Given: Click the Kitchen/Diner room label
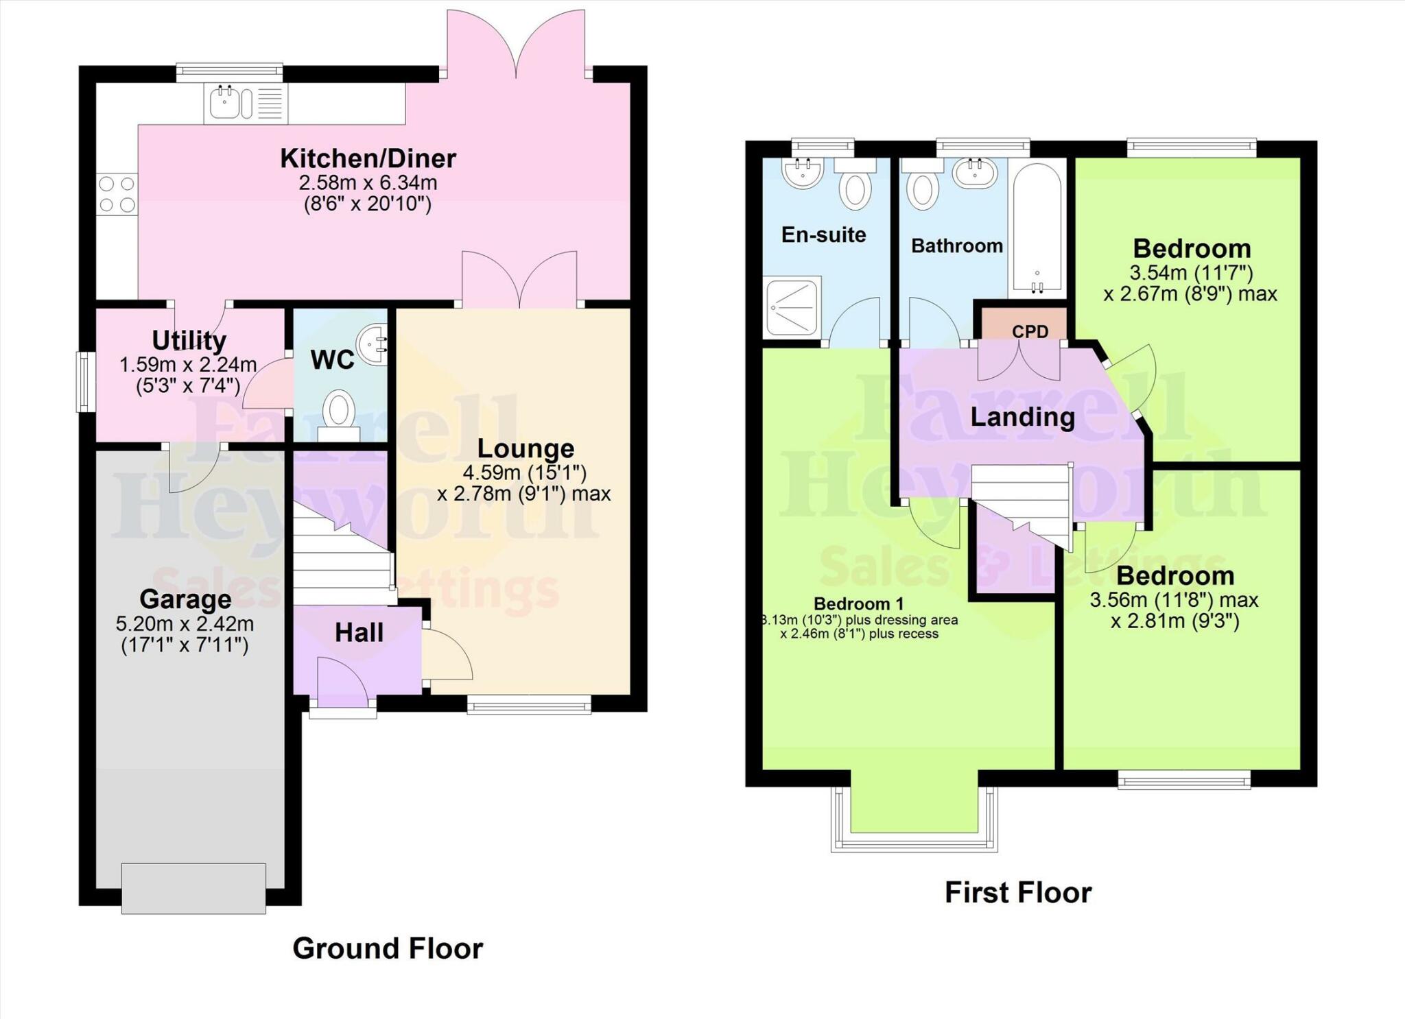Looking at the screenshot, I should [x=368, y=158].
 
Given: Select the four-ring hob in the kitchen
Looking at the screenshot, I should [x=117, y=194].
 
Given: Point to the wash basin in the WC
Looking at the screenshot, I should [x=372, y=344].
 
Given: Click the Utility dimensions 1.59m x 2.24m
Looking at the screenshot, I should [x=188, y=365].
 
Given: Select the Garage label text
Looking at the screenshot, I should [x=185, y=599].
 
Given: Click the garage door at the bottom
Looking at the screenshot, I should [x=193, y=888].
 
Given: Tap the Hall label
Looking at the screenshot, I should [x=359, y=632].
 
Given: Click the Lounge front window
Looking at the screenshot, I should [x=529, y=704].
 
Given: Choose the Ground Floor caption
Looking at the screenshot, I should [x=388, y=948].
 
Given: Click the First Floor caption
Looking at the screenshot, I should [x=1017, y=893].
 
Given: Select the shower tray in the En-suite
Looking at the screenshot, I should [x=792, y=307].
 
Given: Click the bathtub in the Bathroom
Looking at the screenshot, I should [x=1037, y=226].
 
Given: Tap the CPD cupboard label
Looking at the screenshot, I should [x=1030, y=331].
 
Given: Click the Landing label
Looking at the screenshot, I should [x=1022, y=416].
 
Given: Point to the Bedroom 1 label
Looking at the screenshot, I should [x=858, y=603].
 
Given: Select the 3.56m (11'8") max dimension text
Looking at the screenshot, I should [x=1174, y=600].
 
